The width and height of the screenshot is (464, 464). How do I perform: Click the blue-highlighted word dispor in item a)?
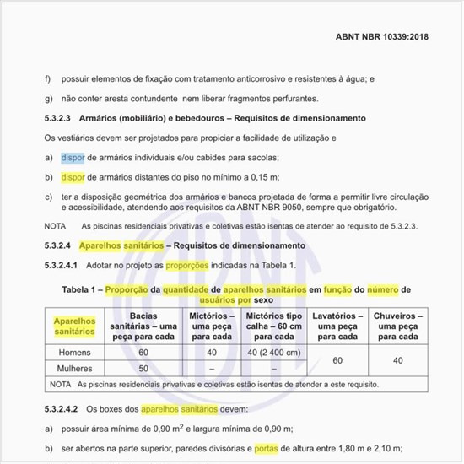pyautogui.click(x=73, y=158)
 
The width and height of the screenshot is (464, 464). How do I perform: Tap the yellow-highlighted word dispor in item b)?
pyautogui.click(x=73, y=177)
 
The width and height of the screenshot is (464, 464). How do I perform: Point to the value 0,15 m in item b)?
pyautogui.click(x=262, y=177)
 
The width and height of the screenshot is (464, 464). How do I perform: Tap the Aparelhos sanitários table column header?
pyautogui.click(x=75, y=326)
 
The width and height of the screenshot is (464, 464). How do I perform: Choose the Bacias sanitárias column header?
pyautogui.click(x=143, y=326)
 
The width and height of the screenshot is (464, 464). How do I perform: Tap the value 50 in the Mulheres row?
pyautogui.click(x=143, y=369)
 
